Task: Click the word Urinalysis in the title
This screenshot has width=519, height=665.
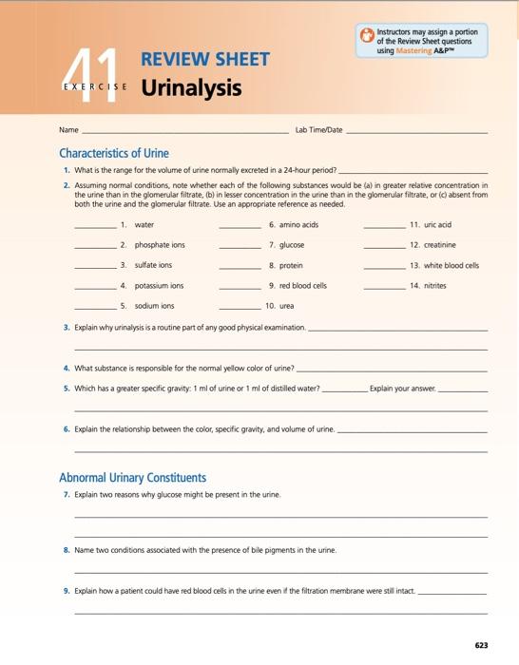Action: [x=191, y=88]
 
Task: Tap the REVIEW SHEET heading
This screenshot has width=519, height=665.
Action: [x=205, y=61]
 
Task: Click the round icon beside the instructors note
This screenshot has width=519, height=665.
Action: [x=367, y=37]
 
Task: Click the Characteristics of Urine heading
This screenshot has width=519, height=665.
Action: [x=114, y=153]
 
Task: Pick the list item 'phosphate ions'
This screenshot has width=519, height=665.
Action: [x=160, y=245]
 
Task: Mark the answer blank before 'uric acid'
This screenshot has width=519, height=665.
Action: [x=383, y=227]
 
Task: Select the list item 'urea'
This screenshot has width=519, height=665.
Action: [x=287, y=306]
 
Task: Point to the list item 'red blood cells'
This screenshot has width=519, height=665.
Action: [x=303, y=285]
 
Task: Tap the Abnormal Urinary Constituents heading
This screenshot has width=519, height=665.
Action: [x=132, y=477]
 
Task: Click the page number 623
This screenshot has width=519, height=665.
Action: [x=481, y=645]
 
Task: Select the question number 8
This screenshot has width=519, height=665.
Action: [x=67, y=550]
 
